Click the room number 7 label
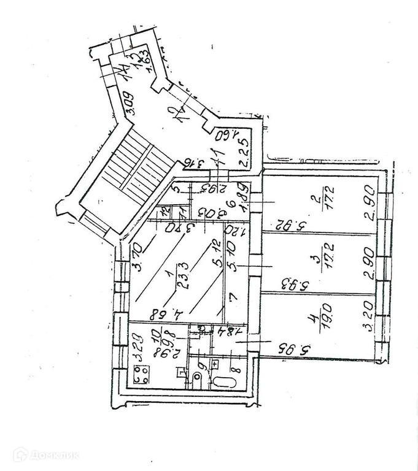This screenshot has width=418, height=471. click(x=231, y=297)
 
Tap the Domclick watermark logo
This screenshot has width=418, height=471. click(x=46, y=455)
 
